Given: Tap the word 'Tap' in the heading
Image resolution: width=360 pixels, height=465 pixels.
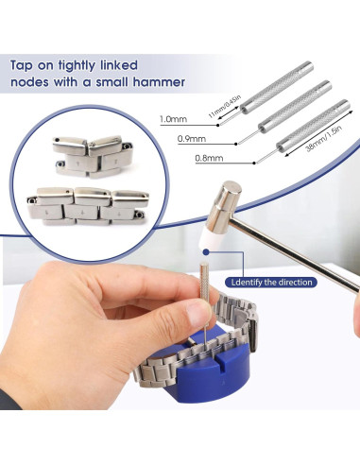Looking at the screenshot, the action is [22, 66].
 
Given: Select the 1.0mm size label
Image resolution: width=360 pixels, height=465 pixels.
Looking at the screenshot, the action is [173, 119].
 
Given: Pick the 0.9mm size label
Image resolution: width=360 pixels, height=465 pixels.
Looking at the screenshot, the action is [192, 138].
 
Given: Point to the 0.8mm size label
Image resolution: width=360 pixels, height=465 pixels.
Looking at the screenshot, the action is [209, 158].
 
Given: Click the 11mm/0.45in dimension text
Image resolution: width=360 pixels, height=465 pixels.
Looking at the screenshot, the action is [224, 107].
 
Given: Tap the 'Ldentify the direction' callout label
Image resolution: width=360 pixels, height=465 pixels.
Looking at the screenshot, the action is [271, 282].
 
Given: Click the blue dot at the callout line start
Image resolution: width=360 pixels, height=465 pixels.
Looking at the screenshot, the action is [206, 252].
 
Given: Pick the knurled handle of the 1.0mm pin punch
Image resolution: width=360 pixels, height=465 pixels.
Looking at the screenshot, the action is [277, 85].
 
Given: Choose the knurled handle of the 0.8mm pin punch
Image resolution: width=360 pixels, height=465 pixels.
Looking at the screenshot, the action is [314, 124].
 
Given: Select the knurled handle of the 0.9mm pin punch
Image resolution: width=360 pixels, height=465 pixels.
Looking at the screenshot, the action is [294, 104].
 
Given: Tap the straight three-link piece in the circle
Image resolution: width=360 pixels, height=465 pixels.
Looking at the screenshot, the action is [88, 206].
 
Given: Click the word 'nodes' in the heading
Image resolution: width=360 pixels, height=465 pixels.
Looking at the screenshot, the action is [30, 82].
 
